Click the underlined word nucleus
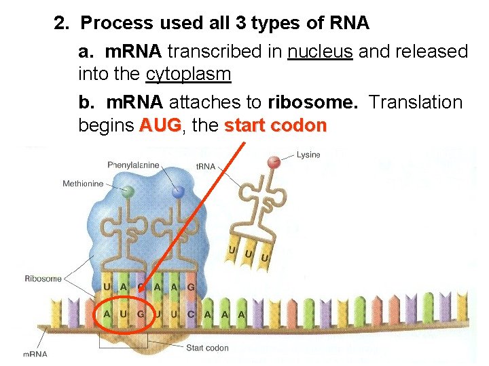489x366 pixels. pos(320,52)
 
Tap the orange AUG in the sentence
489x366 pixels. pos(160,126)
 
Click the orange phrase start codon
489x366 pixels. pos(276,126)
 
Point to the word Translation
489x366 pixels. pos(416,102)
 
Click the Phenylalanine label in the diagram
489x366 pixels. pos(133,165)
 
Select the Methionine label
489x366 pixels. pos(83,184)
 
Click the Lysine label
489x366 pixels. pos(309,155)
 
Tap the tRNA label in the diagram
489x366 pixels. pos(205,166)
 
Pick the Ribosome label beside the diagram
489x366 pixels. pos(43,279)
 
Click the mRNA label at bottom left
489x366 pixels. pos(35,354)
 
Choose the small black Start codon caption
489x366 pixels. pos(208,348)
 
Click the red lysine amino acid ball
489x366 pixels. pos(274,162)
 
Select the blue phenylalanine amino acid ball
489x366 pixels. pos(179,192)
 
